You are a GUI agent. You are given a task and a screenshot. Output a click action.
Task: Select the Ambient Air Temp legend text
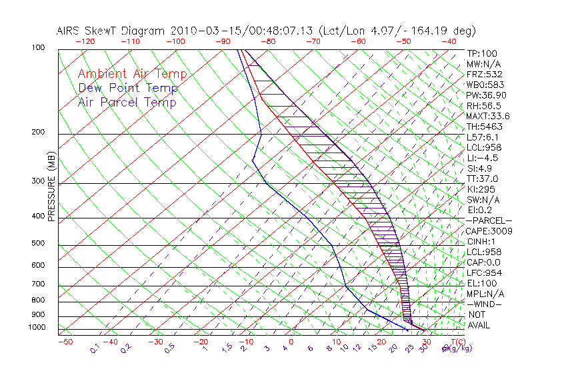pos(133,74)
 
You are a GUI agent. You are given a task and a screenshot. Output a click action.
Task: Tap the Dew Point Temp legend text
pos(128,88)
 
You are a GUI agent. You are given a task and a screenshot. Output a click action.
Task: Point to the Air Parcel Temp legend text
pos(127,102)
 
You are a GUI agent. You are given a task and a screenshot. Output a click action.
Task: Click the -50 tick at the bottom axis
pos(65,342)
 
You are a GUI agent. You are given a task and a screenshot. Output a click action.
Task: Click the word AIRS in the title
pos(69,31)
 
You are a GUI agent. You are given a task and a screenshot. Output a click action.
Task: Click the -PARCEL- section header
pos(489,220)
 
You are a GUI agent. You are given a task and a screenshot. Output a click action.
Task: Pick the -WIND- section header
pos(484,304)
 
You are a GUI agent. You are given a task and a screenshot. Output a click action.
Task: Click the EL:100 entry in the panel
pos(482,283)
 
